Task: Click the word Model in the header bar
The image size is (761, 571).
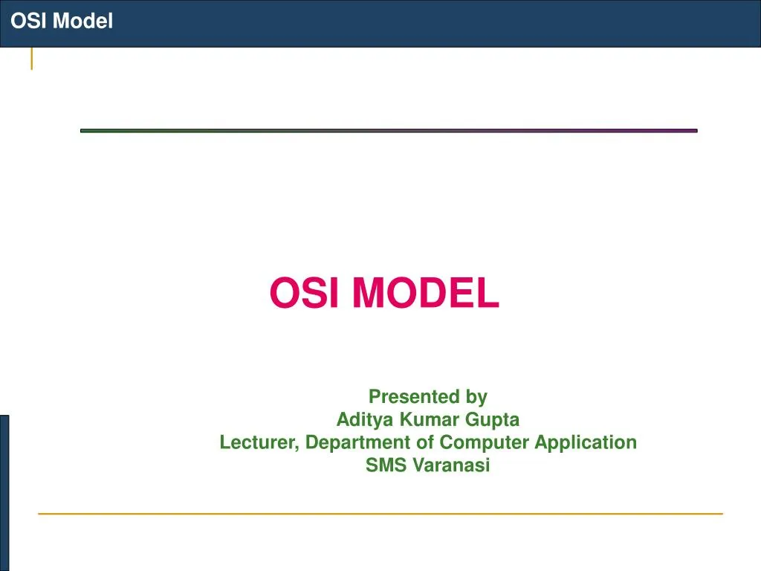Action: click(82, 22)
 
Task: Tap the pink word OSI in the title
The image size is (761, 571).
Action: click(304, 293)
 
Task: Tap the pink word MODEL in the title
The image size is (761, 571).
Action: click(425, 293)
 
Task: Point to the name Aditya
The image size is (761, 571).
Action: click(366, 419)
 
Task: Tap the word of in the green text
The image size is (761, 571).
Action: click(425, 442)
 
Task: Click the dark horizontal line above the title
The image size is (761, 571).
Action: click(389, 131)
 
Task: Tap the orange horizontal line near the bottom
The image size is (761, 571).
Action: click(380, 513)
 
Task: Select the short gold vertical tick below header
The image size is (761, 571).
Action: click(31, 59)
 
